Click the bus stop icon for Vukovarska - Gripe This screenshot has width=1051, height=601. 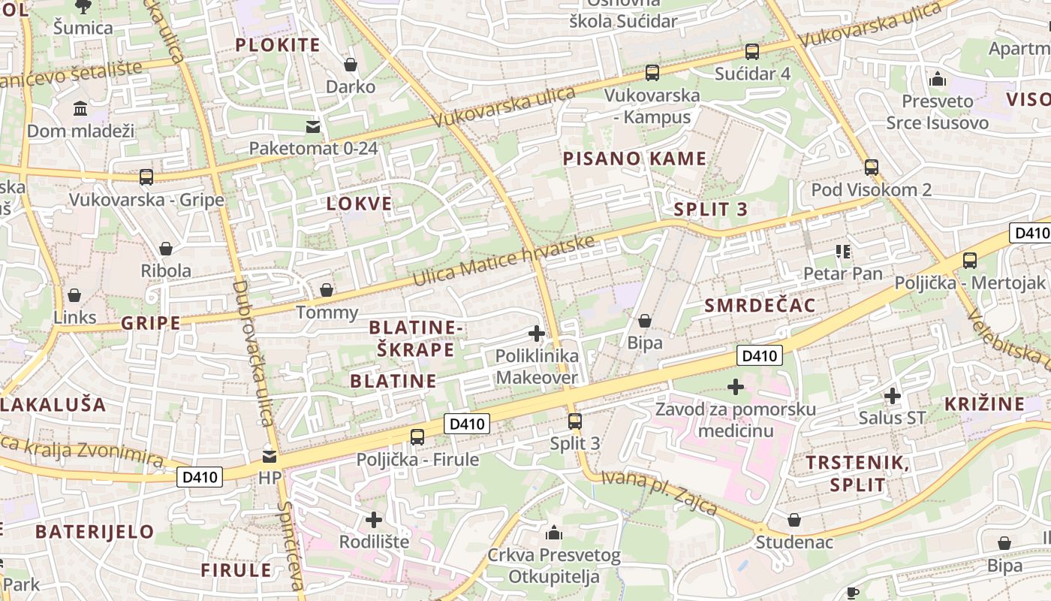[x=146, y=177]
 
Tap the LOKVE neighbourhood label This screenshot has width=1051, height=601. [x=360, y=204]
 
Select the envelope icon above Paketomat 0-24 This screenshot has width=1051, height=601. [x=312, y=126]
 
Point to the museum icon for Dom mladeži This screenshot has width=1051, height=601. [x=80, y=110]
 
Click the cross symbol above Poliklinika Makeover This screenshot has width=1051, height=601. [x=537, y=334]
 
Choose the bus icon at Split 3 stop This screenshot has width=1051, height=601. [x=575, y=421]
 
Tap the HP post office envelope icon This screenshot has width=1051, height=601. [x=269, y=456]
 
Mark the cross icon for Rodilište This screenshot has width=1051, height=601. [x=374, y=520]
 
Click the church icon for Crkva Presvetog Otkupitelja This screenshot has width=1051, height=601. [x=554, y=533]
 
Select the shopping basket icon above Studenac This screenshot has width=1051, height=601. [x=794, y=520]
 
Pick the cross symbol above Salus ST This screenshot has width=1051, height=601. [x=892, y=395]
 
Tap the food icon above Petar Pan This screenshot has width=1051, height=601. [x=842, y=252]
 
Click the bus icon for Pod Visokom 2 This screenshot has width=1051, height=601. [x=871, y=167]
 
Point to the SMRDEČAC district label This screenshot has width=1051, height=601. [x=760, y=305]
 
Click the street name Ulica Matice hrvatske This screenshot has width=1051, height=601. [x=503, y=261]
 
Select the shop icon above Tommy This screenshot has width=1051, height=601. [x=327, y=290]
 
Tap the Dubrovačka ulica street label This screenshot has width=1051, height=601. [x=253, y=353]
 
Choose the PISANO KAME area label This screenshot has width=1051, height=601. [x=634, y=159]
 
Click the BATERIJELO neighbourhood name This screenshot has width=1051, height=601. [x=95, y=532]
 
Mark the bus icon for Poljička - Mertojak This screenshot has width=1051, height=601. [x=970, y=261]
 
